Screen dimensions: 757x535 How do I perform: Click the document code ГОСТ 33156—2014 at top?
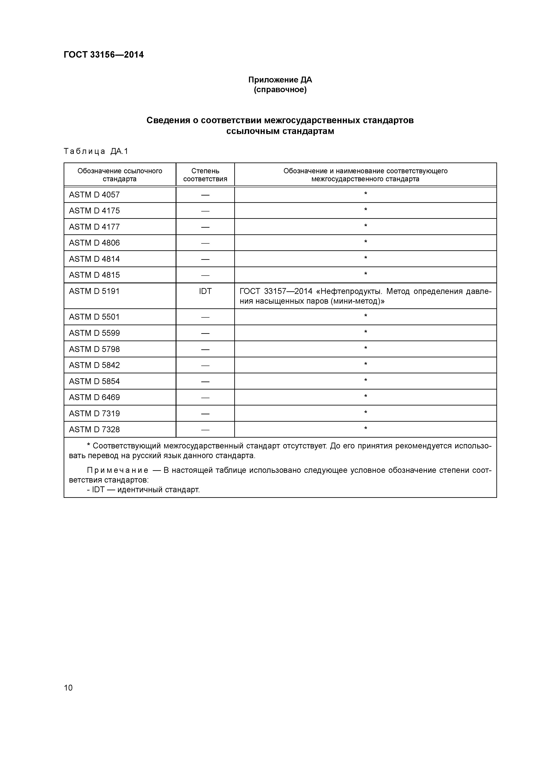tap(104, 55)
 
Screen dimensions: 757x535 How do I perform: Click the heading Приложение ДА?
tap(280, 80)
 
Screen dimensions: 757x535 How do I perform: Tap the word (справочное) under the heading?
tap(280, 90)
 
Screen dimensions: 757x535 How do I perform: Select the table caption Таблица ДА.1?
tap(96, 151)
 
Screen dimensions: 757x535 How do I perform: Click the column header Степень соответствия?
tap(205, 175)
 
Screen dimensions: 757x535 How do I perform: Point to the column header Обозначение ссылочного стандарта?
tap(120, 175)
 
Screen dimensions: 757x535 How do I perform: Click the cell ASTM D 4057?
tap(94, 195)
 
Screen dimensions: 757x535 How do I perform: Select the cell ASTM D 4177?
tap(94, 227)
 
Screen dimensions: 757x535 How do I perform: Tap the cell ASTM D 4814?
tap(94, 259)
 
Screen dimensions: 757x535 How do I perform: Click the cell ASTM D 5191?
tap(94, 291)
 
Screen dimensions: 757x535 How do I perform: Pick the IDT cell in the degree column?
tap(205, 291)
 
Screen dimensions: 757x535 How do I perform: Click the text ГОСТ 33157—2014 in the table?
tap(276, 292)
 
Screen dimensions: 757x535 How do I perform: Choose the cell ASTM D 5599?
tap(94, 333)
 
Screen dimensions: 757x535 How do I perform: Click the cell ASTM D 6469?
tap(94, 397)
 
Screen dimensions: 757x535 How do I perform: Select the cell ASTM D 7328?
tap(94, 430)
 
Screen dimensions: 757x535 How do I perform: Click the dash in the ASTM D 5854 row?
tap(205, 382)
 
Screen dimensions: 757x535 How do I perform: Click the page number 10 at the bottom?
tap(68, 688)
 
